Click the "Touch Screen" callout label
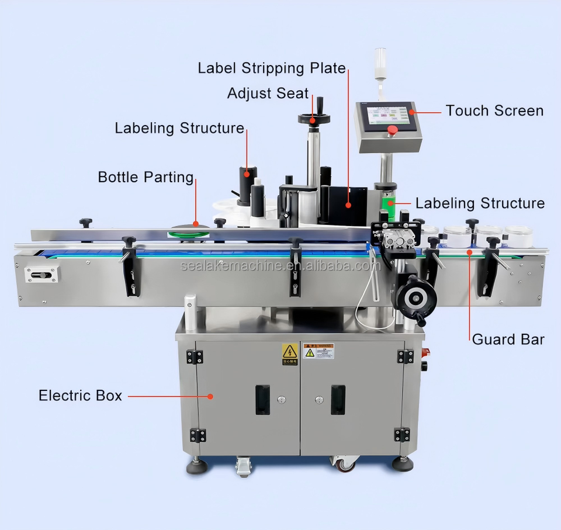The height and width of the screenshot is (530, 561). pyautogui.click(x=494, y=110)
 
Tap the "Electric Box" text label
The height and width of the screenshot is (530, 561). pyautogui.click(x=80, y=396)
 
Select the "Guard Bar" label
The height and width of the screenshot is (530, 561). pyautogui.click(x=508, y=340)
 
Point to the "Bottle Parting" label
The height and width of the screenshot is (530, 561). pyautogui.click(x=146, y=177)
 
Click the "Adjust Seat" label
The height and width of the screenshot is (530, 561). pyautogui.click(x=268, y=93)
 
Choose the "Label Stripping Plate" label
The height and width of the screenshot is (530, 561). pyautogui.click(x=272, y=68)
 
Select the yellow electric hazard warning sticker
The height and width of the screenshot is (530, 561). pyautogui.click(x=290, y=352)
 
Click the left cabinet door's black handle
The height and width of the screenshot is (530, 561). pyautogui.click(x=263, y=399)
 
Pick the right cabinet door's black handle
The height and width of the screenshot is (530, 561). pyautogui.click(x=338, y=399)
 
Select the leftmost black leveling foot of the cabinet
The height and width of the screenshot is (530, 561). pyautogui.click(x=197, y=466)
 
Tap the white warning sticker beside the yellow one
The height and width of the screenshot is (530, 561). pyautogui.click(x=318, y=351)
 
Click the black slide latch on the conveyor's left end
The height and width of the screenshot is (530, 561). pyautogui.click(x=40, y=275)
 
